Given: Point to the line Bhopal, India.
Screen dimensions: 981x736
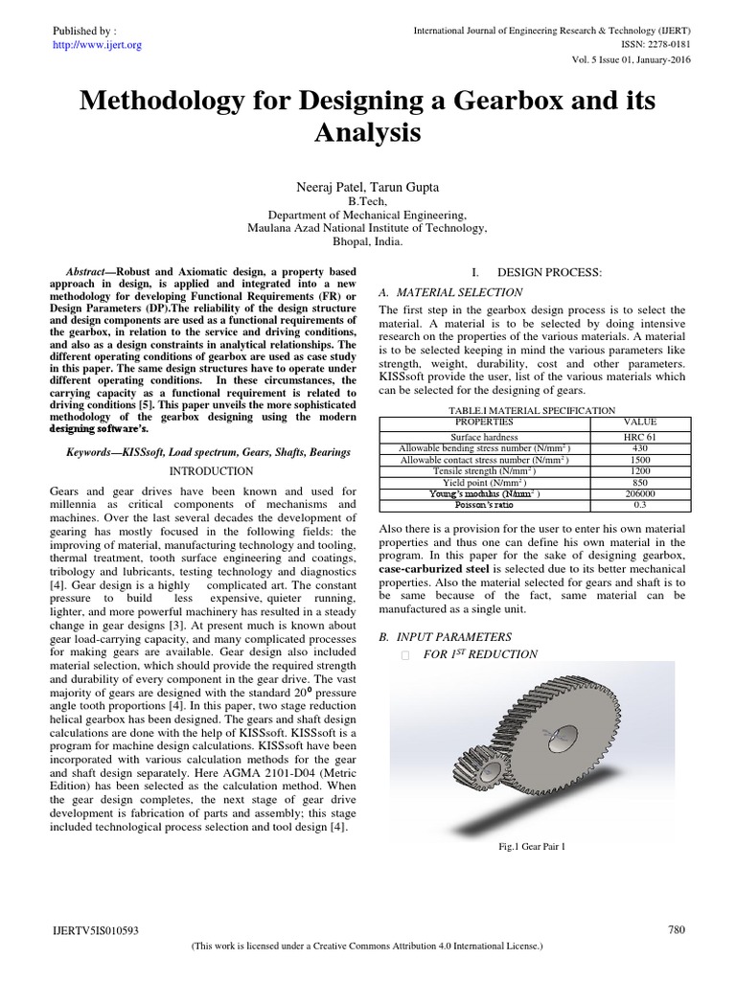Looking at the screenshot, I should pos(367,242).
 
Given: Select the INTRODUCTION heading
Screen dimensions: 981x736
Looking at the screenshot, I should pos(211,471).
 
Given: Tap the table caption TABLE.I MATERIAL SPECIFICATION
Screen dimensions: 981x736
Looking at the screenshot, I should pos(532,410).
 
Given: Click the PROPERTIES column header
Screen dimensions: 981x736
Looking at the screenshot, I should pos(484,421).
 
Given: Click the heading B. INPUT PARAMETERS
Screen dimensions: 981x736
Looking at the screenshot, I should pos(446,636).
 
